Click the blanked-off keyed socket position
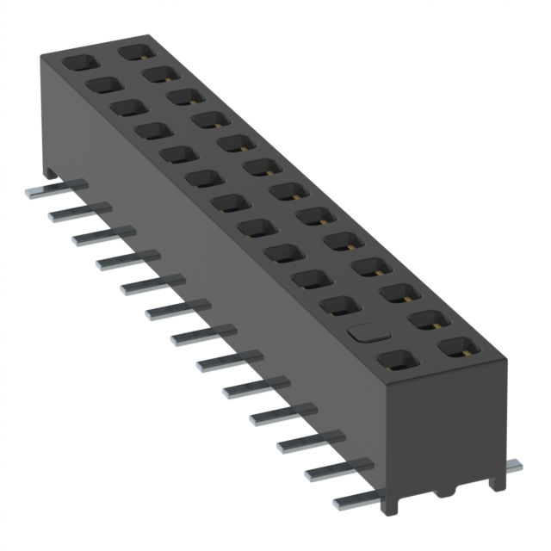[x=365, y=331]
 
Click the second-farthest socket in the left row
[x=103, y=84]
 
